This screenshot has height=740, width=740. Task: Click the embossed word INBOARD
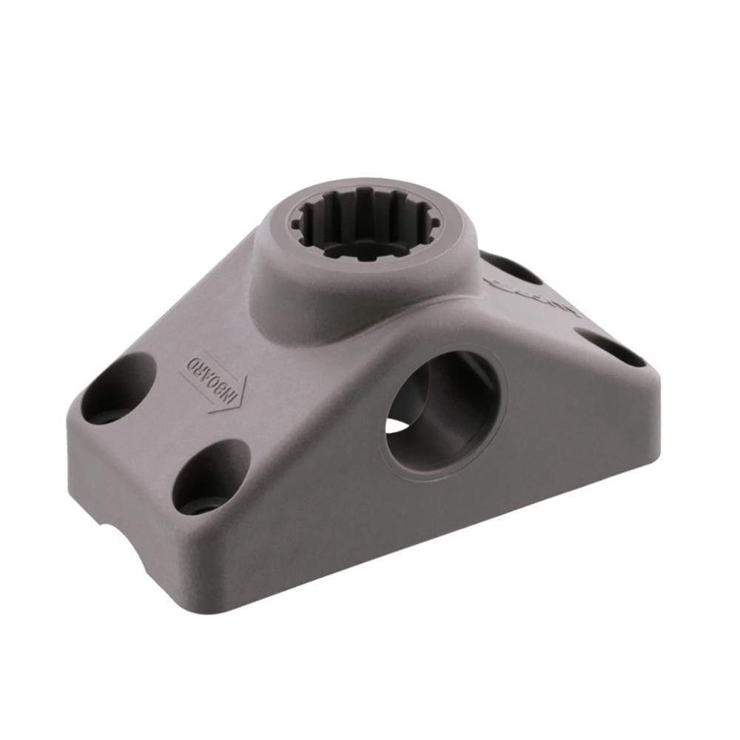pos(212,378)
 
